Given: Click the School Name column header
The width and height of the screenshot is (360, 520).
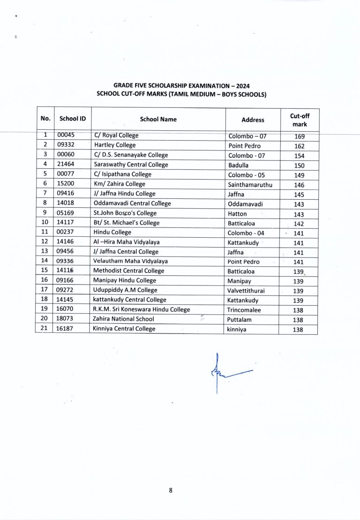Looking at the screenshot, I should pyautogui.click(x=158, y=119).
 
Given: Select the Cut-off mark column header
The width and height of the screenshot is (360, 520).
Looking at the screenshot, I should pyautogui.click(x=299, y=120).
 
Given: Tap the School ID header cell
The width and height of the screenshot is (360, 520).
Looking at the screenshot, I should pyautogui.click(x=72, y=119).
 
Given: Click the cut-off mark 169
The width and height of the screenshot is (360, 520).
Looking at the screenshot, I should pyautogui.click(x=299, y=136).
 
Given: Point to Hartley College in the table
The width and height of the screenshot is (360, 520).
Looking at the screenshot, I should pyautogui.click(x=115, y=145).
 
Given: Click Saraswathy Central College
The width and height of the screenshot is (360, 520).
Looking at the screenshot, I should pyautogui.click(x=131, y=165).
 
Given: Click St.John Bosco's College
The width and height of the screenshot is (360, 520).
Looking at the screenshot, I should pyautogui.click(x=125, y=213).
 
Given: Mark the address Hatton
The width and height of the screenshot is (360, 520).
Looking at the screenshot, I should pyautogui.click(x=237, y=214).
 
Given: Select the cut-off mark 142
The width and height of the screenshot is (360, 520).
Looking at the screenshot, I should pyautogui.click(x=299, y=224).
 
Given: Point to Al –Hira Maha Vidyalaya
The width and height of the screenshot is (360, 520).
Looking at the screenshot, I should pyautogui.click(x=127, y=242).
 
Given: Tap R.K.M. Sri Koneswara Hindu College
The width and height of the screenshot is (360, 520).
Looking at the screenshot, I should pyautogui.click(x=142, y=309).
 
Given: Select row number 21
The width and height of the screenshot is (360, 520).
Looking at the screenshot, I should pyautogui.click(x=45, y=329).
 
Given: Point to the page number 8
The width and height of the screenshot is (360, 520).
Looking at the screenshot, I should pyautogui.click(x=171, y=490).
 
